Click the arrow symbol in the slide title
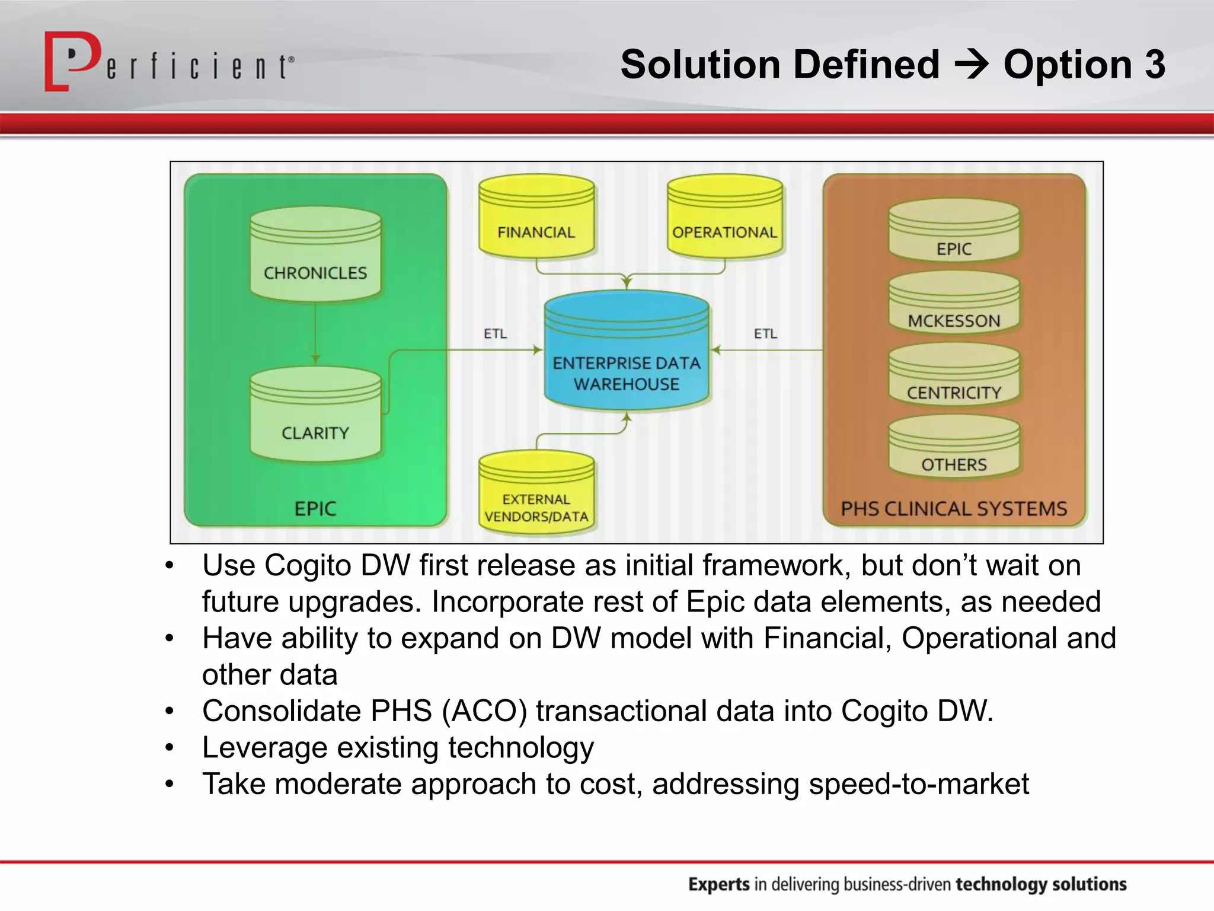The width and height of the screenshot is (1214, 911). tap(971, 65)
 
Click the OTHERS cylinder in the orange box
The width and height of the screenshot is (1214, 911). tap(954, 447)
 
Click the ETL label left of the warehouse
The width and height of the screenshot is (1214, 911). tap(495, 334)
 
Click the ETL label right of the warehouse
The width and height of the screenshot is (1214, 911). tap(765, 334)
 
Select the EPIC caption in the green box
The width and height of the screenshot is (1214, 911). tap(315, 509)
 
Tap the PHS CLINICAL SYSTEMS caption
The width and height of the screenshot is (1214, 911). tap(954, 509)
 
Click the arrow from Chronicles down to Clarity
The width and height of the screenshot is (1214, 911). tap(315, 332)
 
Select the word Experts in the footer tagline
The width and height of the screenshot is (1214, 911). tap(719, 884)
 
